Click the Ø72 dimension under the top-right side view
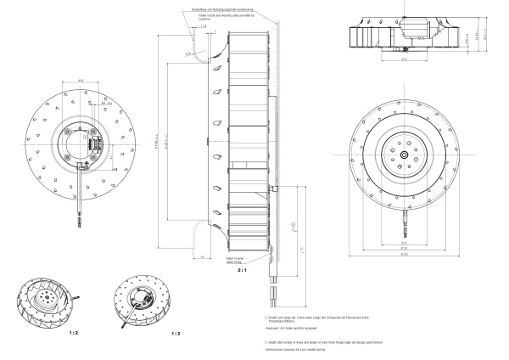(405, 59)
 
